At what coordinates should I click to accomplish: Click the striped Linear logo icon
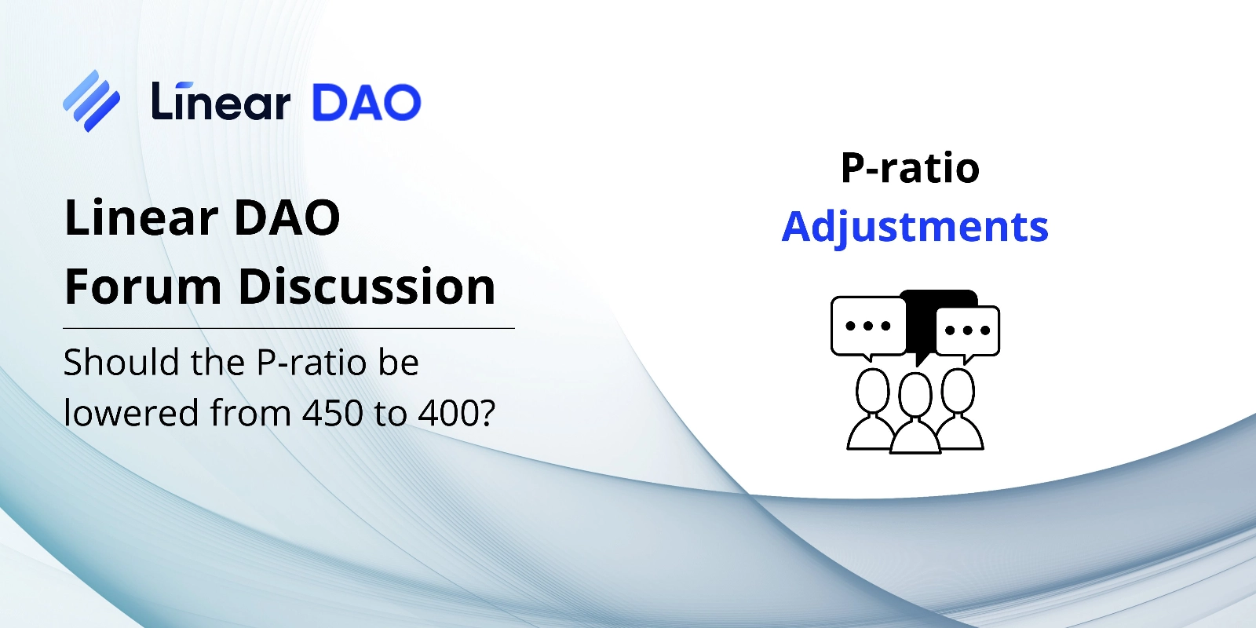[x=91, y=101]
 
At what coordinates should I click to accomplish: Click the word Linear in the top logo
[x=221, y=101]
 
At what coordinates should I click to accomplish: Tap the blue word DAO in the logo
[x=366, y=102]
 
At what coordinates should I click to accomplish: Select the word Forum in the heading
[x=144, y=287]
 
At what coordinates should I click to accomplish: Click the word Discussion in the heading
[x=367, y=287]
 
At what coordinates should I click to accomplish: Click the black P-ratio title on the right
[x=910, y=168]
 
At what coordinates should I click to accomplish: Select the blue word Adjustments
[x=915, y=227]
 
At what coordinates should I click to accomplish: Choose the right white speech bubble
[x=968, y=333]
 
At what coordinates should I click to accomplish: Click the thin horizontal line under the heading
[x=289, y=328]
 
